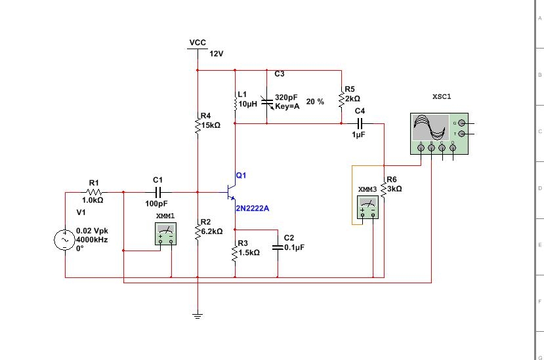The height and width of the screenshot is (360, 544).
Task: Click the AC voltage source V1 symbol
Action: (64, 239)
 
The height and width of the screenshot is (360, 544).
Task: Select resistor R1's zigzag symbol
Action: (94, 192)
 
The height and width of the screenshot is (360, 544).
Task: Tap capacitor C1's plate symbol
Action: (158, 192)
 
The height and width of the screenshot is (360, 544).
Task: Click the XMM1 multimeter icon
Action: (166, 233)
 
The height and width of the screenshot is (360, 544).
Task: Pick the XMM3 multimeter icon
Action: (367, 207)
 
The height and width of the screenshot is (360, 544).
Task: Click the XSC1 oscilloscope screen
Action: (430, 127)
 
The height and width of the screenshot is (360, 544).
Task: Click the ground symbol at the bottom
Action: (198, 315)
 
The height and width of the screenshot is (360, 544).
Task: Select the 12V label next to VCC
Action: (217, 54)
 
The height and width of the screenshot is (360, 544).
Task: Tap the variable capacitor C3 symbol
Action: (267, 102)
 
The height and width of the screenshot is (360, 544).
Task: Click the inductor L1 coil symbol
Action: (235, 104)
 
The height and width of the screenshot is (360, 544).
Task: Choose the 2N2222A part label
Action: (252, 209)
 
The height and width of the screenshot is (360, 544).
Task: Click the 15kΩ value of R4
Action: (211, 125)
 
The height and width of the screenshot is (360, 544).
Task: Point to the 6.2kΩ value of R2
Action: (212, 231)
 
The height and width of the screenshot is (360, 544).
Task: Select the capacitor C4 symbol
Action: (360, 123)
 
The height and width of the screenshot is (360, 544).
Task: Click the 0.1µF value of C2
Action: (294, 247)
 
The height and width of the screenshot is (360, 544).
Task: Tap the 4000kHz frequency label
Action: (92, 239)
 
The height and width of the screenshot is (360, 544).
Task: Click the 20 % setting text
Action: (315, 102)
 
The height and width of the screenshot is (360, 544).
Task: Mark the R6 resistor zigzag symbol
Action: (384, 190)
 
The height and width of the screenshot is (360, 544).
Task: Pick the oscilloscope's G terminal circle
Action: (461, 123)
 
